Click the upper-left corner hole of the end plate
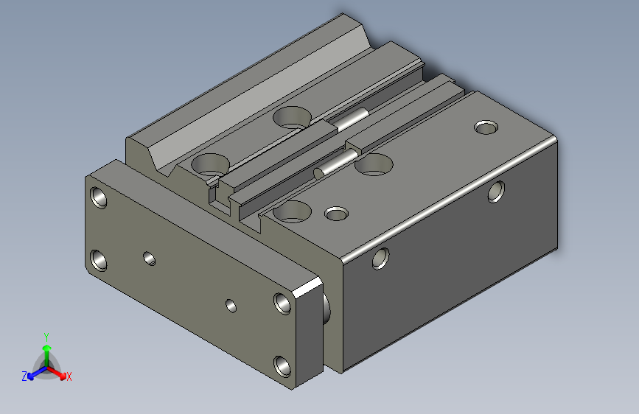pyautogui.click(x=98, y=197)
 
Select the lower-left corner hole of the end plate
pyautogui.click(x=98, y=259)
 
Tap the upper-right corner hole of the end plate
pyautogui.click(x=282, y=302)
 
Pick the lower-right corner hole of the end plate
pyautogui.click(x=282, y=365)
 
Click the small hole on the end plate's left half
pyautogui.click(x=150, y=259)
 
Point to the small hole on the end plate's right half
pyautogui.click(x=231, y=304)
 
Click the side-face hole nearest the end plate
pyautogui.click(x=381, y=258)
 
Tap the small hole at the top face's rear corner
pyautogui.click(x=486, y=127)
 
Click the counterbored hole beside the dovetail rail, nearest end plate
pyautogui.click(x=209, y=163)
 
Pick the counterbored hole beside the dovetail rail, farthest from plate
pyautogui.click(x=293, y=116)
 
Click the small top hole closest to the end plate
pyautogui.click(x=337, y=214)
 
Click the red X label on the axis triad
pyautogui.click(x=69, y=376)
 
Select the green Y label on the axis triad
pyautogui.click(x=46, y=335)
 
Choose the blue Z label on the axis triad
pyautogui.click(x=24, y=376)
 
